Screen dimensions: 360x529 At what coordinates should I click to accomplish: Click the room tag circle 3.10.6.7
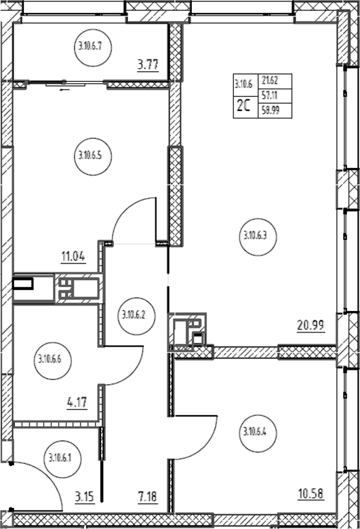pos(92,47)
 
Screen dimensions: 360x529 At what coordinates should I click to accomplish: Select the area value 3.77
pos(148,64)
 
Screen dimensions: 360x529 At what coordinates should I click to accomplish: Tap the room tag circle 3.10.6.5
pos(92,156)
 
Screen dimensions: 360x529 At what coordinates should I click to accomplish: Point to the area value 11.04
pos(73,257)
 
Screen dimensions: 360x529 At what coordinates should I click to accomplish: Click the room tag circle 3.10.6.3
pos(258,236)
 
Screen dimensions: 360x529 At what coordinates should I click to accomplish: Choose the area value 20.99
pos(311,326)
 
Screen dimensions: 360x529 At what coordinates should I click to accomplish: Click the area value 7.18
pos(148,497)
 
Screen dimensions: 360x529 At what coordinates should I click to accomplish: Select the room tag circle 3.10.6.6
pos(53,360)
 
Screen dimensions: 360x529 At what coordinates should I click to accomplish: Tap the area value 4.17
pos(77,402)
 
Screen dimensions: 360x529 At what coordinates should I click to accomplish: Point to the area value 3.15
pos(84,497)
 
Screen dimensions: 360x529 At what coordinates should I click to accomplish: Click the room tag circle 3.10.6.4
pos(258,432)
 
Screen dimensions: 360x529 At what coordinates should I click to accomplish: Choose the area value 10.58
pos(311,494)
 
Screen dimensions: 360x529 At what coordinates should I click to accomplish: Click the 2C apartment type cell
pos(245,107)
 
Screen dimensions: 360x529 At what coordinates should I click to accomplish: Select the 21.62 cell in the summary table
pos(275,81)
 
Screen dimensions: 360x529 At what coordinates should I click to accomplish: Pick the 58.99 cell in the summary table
pos(275,110)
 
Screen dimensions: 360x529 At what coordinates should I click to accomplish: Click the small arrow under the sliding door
pos(65,89)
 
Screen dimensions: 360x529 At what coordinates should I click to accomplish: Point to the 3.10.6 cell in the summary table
pos(245,85)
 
